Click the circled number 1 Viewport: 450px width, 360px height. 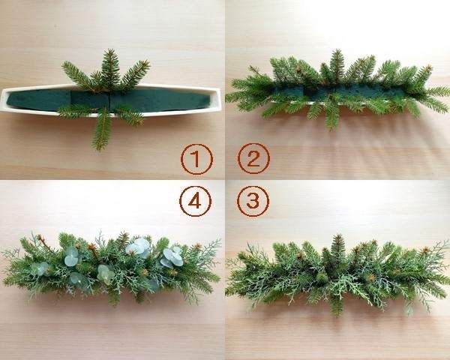pyautogui.click(x=196, y=159)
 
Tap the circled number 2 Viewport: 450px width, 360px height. pyautogui.click(x=253, y=158)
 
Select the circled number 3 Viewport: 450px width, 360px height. pyautogui.click(x=253, y=201)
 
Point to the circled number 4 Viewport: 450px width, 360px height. pyautogui.click(x=196, y=201)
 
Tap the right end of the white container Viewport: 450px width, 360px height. pyautogui.click(x=220, y=97)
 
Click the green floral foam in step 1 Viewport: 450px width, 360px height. pyautogui.click(x=109, y=100)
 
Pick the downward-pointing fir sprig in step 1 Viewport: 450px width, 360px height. pyautogui.click(x=101, y=129)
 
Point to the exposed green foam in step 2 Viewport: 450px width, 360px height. pyautogui.click(x=339, y=92)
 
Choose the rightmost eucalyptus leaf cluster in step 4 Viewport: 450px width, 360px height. pyautogui.click(x=172, y=257)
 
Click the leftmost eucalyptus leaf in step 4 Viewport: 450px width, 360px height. pyautogui.click(x=40, y=268)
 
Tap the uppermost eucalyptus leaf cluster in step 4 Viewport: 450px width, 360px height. pyautogui.click(x=138, y=247)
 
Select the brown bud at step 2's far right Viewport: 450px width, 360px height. pyautogui.click(x=428, y=68)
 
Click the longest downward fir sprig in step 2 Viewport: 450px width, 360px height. pyautogui.click(x=331, y=115)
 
